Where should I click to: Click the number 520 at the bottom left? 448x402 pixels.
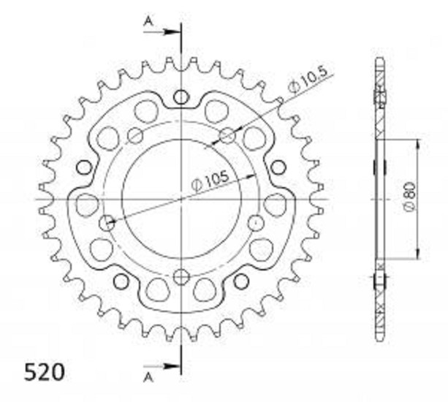pyautogui.click(x=45, y=372)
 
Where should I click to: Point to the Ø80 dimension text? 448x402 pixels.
pyautogui.click(x=410, y=197)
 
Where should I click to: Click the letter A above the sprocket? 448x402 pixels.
pyautogui.click(x=148, y=21)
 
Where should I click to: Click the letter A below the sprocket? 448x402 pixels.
pyautogui.click(x=148, y=378)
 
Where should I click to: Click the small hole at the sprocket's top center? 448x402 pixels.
pyautogui.click(x=181, y=97)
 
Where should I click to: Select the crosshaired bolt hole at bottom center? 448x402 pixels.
pyautogui.click(x=181, y=276)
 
